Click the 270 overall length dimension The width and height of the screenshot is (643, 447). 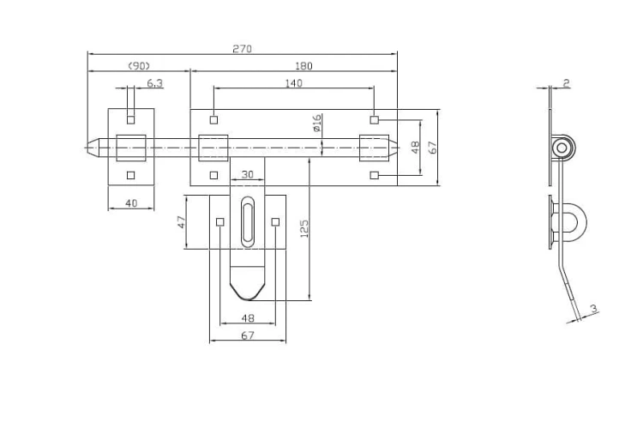click(242, 49)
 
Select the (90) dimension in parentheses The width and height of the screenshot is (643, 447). click(139, 66)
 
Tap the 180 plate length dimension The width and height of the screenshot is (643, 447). click(303, 66)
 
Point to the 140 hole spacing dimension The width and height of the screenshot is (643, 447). click(293, 83)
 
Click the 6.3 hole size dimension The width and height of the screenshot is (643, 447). click(154, 83)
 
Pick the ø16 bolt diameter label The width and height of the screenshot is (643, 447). click(316, 124)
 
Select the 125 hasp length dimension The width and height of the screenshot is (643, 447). click(303, 228)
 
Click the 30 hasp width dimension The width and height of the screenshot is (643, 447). click(247, 175)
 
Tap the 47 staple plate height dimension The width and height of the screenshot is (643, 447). click(181, 222)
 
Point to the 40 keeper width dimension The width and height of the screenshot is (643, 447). click(131, 203)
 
